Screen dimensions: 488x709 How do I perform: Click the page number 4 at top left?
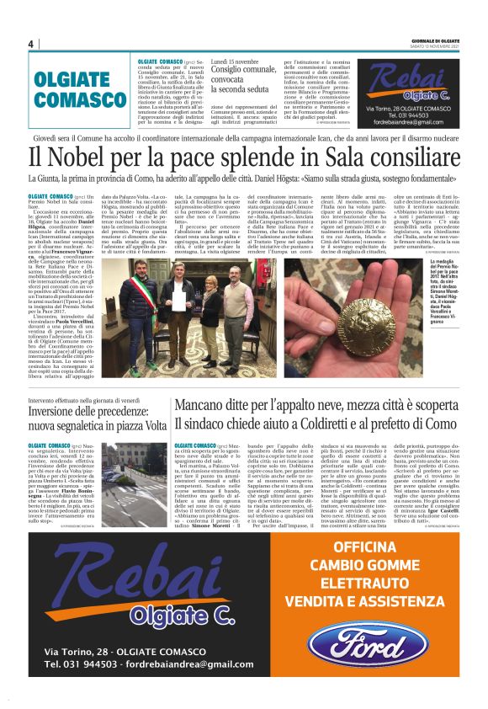point(30,44)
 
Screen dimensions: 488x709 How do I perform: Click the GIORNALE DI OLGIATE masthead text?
point(435,40)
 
